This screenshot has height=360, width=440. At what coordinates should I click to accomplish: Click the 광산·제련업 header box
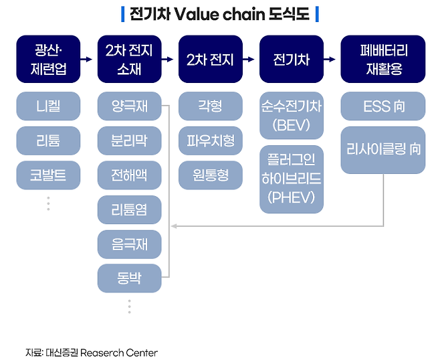pyautogui.click(x=48, y=59)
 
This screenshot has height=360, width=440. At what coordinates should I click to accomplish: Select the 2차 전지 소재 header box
pyautogui.click(x=129, y=59)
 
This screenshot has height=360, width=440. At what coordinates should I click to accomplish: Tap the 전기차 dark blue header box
pyautogui.click(x=291, y=59)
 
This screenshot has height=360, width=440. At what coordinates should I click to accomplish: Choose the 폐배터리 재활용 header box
pyautogui.click(x=382, y=59)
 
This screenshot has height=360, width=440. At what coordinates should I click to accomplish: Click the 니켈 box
pyautogui.click(x=48, y=106)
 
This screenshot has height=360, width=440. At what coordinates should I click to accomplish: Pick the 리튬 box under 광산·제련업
pyautogui.click(x=48, y=141)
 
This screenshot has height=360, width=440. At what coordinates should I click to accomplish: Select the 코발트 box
pyautogui.click(x=48, y=175)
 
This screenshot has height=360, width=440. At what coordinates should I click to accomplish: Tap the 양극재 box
pyautogui.click(x=129, y=106)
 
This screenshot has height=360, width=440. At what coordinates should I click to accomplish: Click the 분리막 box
pyautogui.click(x=129, y=141)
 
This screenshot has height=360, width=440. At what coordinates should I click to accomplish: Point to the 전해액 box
pyautogui.click(x=129, y=175)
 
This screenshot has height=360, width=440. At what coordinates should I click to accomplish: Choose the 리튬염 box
pyautogui.click(x=129, y=210)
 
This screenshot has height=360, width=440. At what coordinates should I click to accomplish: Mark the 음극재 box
pyautogui.click(x=129, y=244)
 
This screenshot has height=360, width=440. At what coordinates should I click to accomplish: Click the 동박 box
pyautogui.click(x=129, y=278)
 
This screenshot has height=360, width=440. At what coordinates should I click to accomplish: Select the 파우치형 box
pyautogui.click(x=210, y=141)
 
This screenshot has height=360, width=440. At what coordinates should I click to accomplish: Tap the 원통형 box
pyautogui.click(x=210, y=175)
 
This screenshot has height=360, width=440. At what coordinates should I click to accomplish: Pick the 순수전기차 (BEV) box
pyautogui.click(x=291, y=115)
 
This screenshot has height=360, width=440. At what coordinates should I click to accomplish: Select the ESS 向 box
pyautogui.click(x=382, y=106)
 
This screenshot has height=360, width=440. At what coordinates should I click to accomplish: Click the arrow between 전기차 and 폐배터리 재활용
pyautogui.click(x=332, y=59)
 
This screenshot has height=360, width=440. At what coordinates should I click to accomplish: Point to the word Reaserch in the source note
pyautogui.click(x=102, y=352)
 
